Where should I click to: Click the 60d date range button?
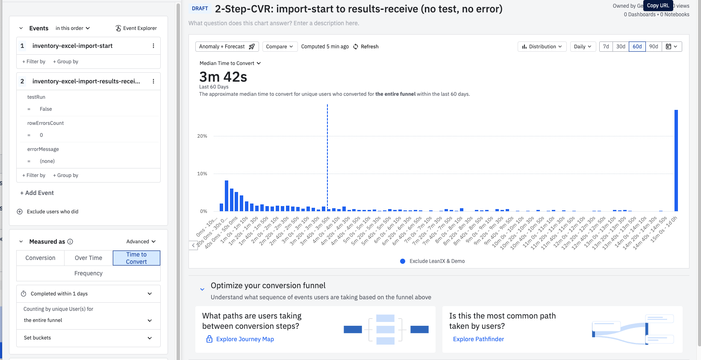pos(637,47)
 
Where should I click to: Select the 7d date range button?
pos(606,47)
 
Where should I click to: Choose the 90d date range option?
pos(654,47)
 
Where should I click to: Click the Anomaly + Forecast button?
pos(227,47)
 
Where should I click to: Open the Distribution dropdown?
pos(542,47)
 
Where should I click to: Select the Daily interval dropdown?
pos(583,47)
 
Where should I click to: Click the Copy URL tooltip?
pos(658,6)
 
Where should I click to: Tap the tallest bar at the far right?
pos(676,160)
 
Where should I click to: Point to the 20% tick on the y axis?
pos(202,136)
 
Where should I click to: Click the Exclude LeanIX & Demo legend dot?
pos(403,261)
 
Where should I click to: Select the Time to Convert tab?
pos(136,258)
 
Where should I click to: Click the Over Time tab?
pos(88,258)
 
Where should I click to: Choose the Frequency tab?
pos(88,273)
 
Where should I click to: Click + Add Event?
pos(37,193)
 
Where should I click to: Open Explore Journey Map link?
pos(245,339)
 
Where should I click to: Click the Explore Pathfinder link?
pos(478,339)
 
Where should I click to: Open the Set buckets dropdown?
pos(88,338)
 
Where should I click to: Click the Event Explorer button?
pos(136,28)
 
